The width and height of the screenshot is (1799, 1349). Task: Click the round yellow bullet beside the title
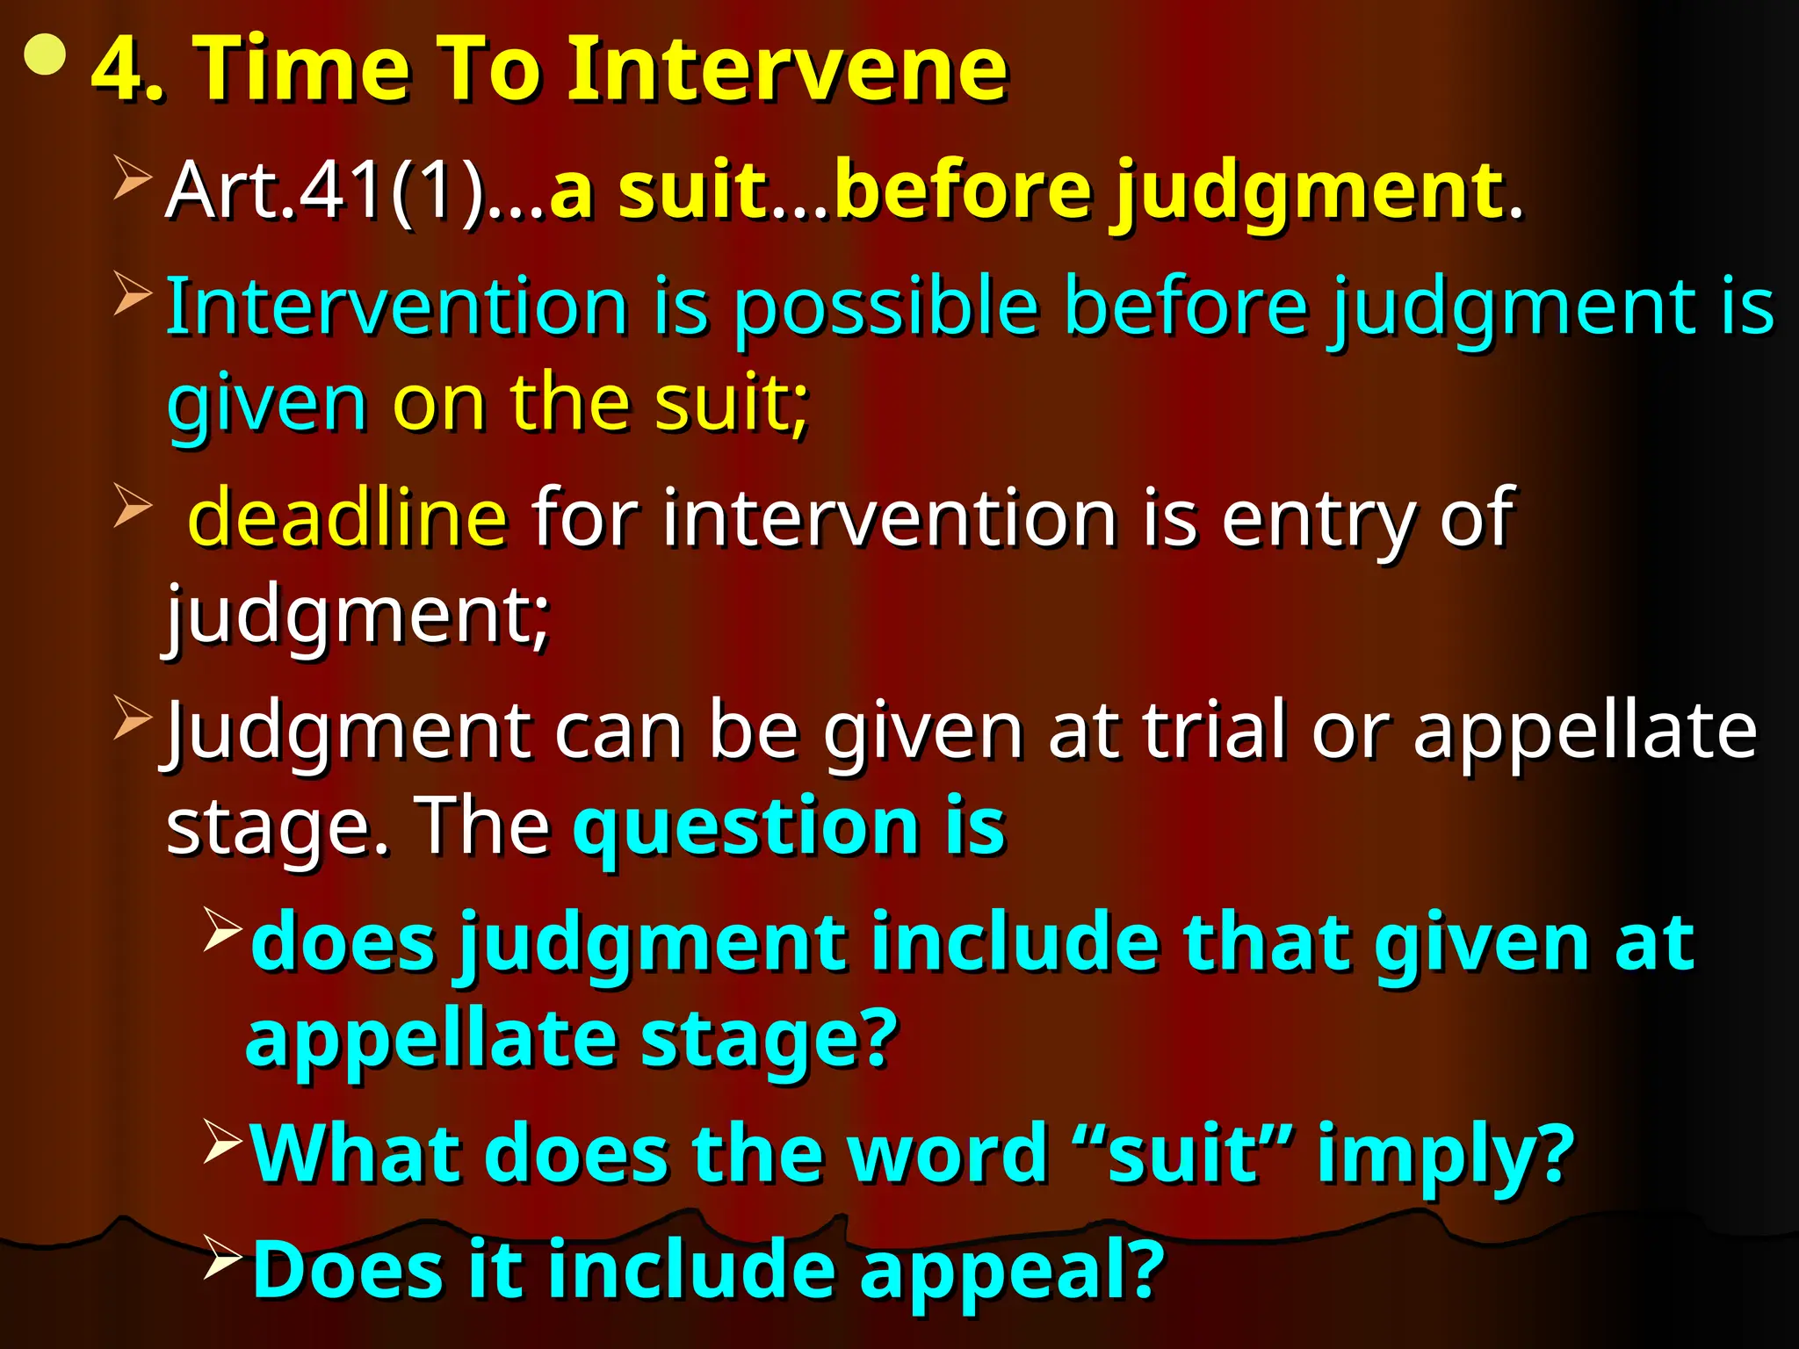click(x=46, y=56)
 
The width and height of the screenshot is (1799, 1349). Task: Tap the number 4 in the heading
click(x=121, y=70)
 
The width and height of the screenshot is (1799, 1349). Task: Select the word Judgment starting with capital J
click(x=348, y=731)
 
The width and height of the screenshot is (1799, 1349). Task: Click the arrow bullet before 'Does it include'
click(x=222, y=1257)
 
